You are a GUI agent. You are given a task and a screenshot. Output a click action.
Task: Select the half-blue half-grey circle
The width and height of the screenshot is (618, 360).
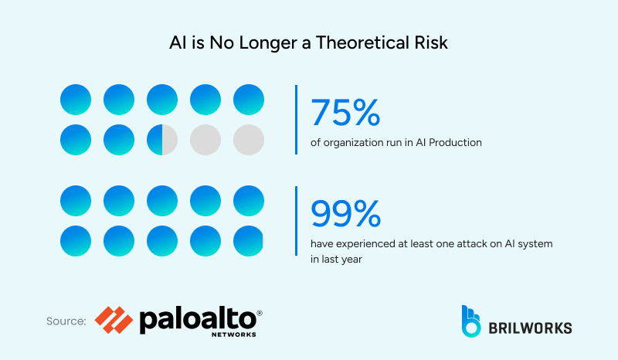coord(162,139)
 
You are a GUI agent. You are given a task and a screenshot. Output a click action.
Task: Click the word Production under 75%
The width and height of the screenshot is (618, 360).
coord(452,141)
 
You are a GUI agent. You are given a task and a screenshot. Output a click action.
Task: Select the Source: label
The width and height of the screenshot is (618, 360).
coord(66,321)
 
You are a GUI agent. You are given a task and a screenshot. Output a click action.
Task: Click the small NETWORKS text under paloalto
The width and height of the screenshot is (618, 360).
coord(233,336)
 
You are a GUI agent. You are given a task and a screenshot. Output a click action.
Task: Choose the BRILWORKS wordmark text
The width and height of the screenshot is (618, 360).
coord(531,328)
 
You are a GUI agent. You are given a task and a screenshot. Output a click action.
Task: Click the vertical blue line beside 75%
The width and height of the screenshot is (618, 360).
coord(297,119)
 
